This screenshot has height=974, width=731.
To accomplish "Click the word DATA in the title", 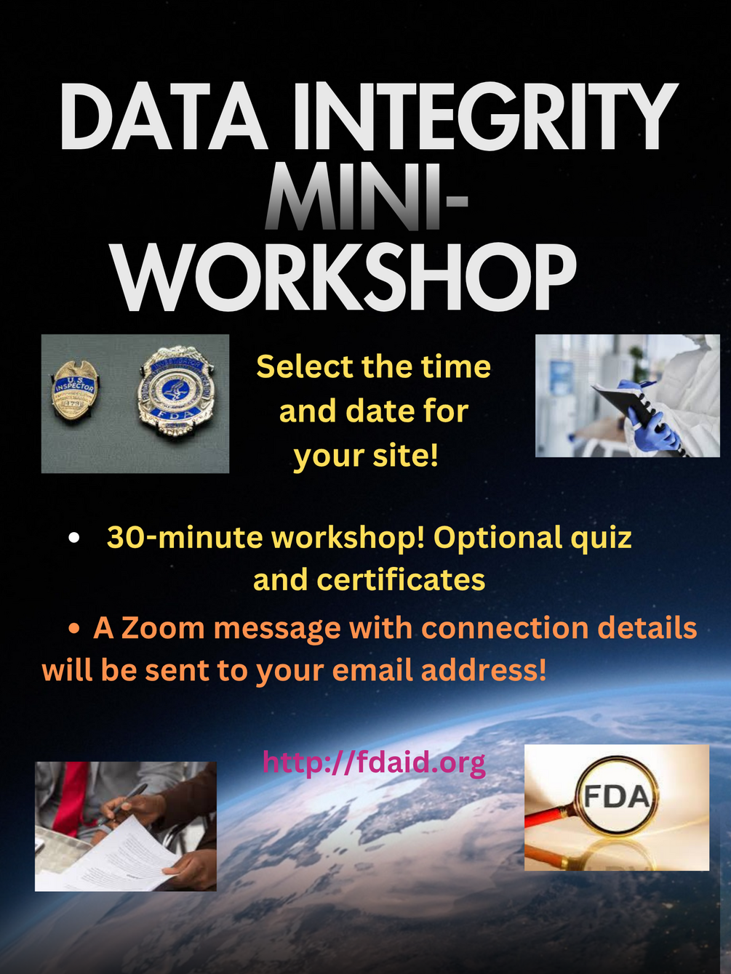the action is click(x=164, y=116).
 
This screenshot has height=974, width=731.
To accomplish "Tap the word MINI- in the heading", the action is click(x=366, y=196).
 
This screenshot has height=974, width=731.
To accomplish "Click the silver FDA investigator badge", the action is click(x=177, y=393).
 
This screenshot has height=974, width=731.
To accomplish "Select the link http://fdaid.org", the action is click(x=374, y=762).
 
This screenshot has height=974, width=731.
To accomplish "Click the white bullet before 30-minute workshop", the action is click(x=74, y=538).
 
